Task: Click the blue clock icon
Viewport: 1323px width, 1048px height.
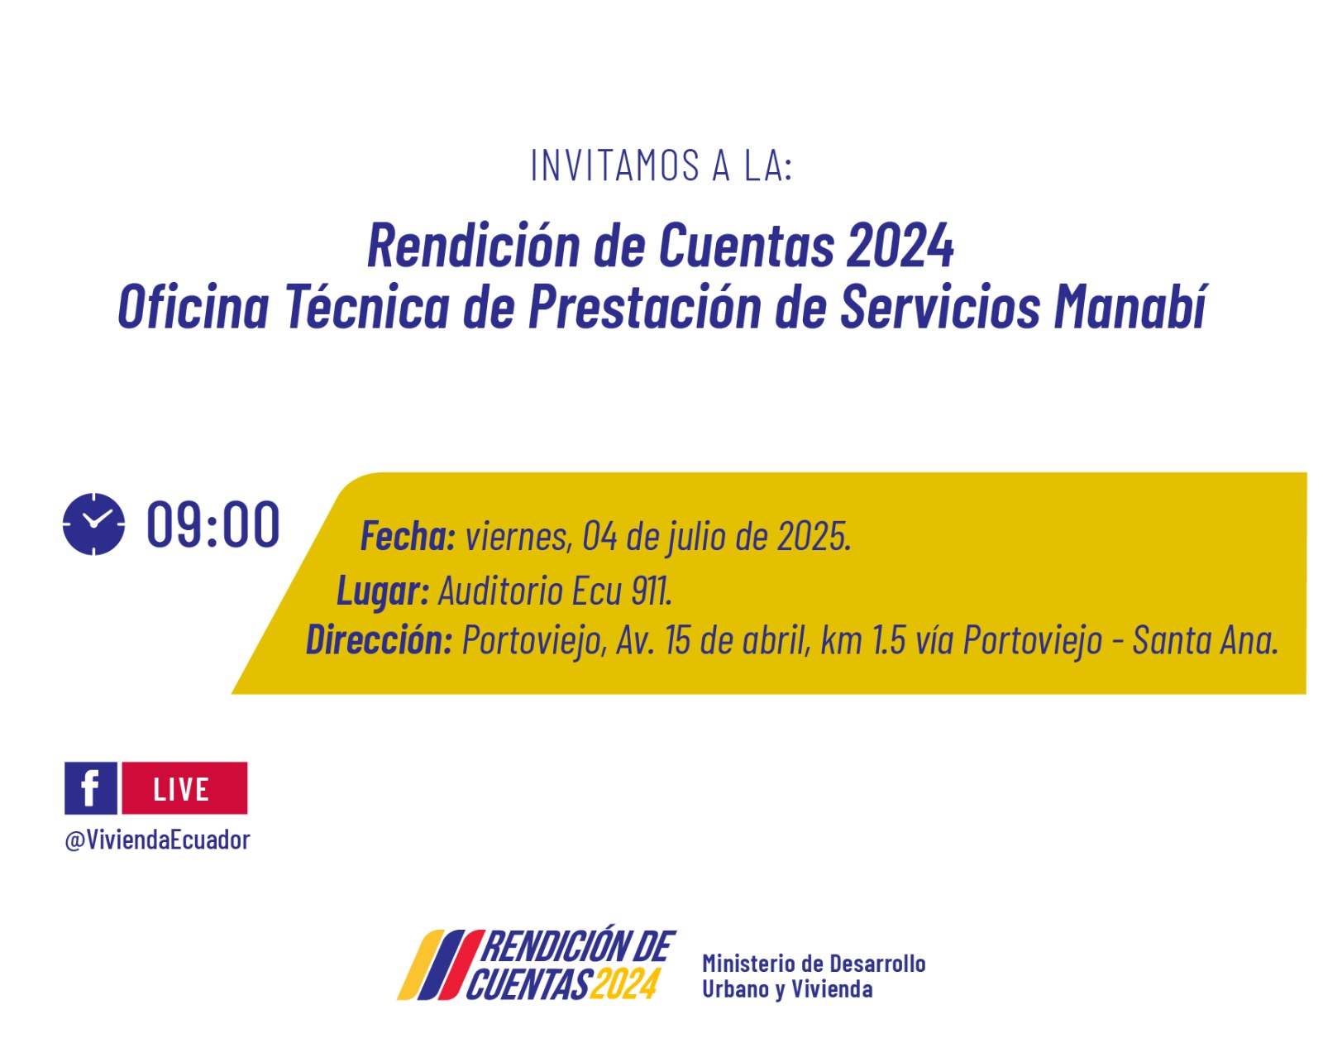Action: (94, 524)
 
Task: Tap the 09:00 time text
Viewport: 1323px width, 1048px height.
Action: (213, 524)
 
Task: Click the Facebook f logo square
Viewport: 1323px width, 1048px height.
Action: (90, 788)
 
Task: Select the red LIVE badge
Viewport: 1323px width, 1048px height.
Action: (184, 788)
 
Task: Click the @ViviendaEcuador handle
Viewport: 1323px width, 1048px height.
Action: (157, 840)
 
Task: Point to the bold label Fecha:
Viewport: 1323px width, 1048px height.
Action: (408, 536)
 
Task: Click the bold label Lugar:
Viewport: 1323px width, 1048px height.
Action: (383, 591)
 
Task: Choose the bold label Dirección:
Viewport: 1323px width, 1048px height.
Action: (380, 639)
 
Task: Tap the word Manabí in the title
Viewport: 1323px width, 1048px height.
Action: (1131, 306)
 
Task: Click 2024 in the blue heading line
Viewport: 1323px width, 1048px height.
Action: (900, 246)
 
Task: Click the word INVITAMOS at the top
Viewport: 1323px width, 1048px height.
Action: (615, 166)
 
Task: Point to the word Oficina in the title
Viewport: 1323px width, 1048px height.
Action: (193, 306)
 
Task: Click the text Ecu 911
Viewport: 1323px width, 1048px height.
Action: (622, 591)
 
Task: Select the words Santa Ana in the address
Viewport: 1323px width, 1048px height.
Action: (1205, 640)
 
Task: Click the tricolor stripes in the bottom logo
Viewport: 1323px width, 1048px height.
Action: (440, 965)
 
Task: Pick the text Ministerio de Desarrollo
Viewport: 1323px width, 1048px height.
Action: (814, 964)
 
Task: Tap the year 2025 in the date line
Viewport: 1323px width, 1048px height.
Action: (814, 536)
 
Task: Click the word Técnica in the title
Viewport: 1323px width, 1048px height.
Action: (368, 306)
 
